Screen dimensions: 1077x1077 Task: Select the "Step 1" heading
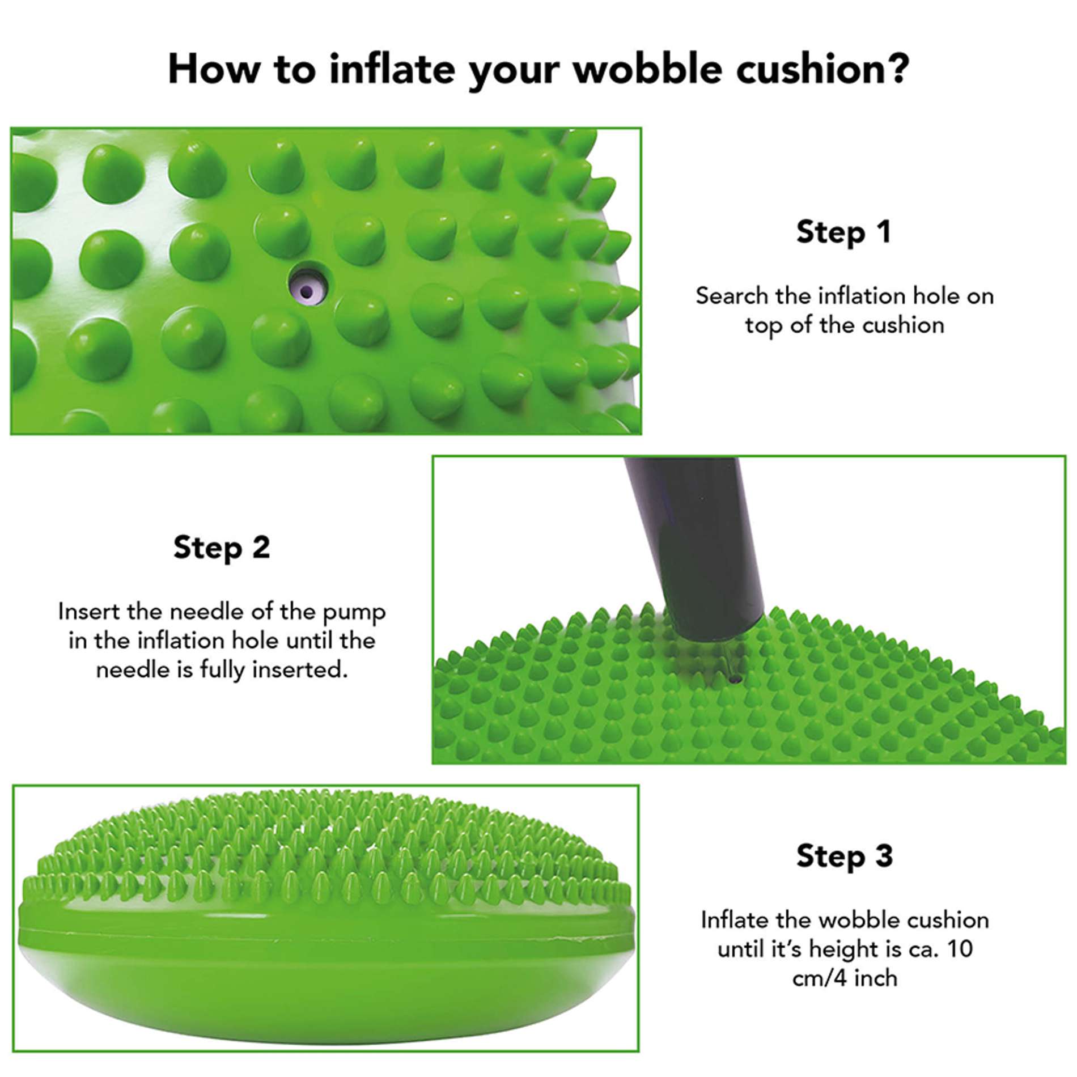[x=843, y=232]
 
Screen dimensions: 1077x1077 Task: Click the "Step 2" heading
[x=222, y=548]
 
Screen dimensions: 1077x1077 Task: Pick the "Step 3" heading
[x=844, y=856]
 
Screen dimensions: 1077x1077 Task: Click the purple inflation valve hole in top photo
[x=307, y=292]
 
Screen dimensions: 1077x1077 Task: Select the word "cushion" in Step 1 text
[x=903, y=325]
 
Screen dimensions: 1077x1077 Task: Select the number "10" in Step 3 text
[x=959, y=949]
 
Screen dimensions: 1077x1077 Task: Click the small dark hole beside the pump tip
[x=735, y=679]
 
